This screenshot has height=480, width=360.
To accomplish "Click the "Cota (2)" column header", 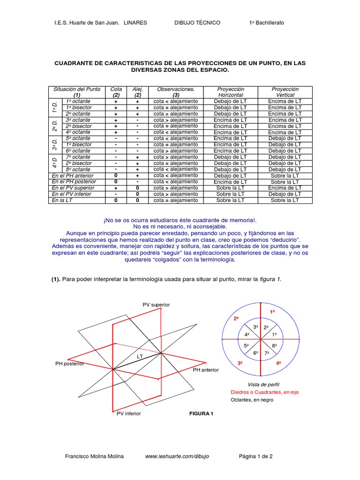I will click(x=116, y=92).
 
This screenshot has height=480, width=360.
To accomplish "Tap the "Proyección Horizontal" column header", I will click(x=231, y=92).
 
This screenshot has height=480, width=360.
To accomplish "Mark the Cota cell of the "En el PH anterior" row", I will click(x=116, y=176).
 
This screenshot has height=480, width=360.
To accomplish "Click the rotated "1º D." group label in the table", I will click(x=54, y=108).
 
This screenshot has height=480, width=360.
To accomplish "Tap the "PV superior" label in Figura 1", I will click(x=156, y=305).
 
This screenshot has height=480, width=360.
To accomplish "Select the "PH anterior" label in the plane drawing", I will click(x=206, y=370).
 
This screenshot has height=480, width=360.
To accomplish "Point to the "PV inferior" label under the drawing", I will click(x=128, y=414).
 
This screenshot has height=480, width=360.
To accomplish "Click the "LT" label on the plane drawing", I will click(x=140, y=357).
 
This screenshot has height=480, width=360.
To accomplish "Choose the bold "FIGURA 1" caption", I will click(x=201, y=414).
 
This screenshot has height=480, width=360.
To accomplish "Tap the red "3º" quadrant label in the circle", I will click(x=240, y=363).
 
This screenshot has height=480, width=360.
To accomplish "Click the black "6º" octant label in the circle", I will click(x=256, y=352).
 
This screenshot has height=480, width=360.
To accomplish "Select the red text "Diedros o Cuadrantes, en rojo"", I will click(x=264, y=392).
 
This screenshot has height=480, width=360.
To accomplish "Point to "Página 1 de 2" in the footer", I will click(x=256, y=456).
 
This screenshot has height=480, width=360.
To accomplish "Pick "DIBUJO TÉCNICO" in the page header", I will click(x=197, y=22).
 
